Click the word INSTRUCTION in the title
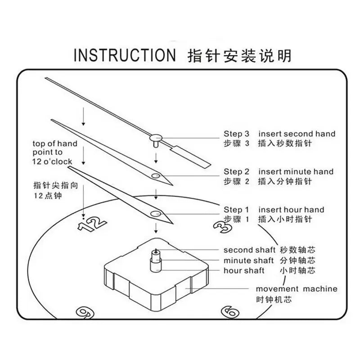pos(125,55)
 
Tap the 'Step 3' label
pos(236,134)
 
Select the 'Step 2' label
pos(236,171)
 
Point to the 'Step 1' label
pos(236,210)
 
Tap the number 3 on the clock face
pos(222,227)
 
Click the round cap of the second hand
pos(156,138)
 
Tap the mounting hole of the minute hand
pos(155,176)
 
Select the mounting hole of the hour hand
pos(155,214)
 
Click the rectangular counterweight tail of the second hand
pos(190,156)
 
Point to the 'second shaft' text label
pos(249,250)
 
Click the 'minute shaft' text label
pos(249,261)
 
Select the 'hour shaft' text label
pos(244,270)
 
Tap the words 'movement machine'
pos(297,289)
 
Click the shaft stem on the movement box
pos(156,260)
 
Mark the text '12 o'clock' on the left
pos(52,162)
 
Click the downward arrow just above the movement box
pos(156,228)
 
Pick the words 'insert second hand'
pos(297,134)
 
